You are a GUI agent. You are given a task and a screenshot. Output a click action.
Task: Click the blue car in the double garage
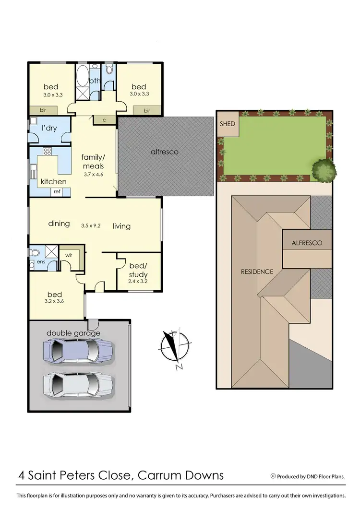[x=79, y=350]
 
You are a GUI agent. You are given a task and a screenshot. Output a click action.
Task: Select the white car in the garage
[x=79, y=383]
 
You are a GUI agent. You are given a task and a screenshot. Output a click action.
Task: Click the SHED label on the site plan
[x=228, y=124]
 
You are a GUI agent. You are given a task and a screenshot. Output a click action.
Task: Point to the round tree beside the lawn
[x=324, y=169]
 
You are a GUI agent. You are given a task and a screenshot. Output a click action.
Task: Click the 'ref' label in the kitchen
[x=58, y=192]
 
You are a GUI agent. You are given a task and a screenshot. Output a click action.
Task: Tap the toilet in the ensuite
[x=35, y=252]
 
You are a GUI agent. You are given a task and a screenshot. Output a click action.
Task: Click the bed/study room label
[x=139, y=270]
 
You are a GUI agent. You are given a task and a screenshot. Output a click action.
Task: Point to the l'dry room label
[x=50, y=129]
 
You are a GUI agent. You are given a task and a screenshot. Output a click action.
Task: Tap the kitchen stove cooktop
[x=47, y=152]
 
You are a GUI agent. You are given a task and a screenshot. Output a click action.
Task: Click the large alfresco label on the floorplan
[x=165, y=152]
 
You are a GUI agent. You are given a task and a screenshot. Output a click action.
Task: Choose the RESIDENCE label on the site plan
[x=257, y=272]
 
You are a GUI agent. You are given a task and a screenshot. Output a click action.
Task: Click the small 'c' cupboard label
[x=104, y=120]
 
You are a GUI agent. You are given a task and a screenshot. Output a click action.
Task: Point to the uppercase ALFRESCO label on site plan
[x=307, y=243]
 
